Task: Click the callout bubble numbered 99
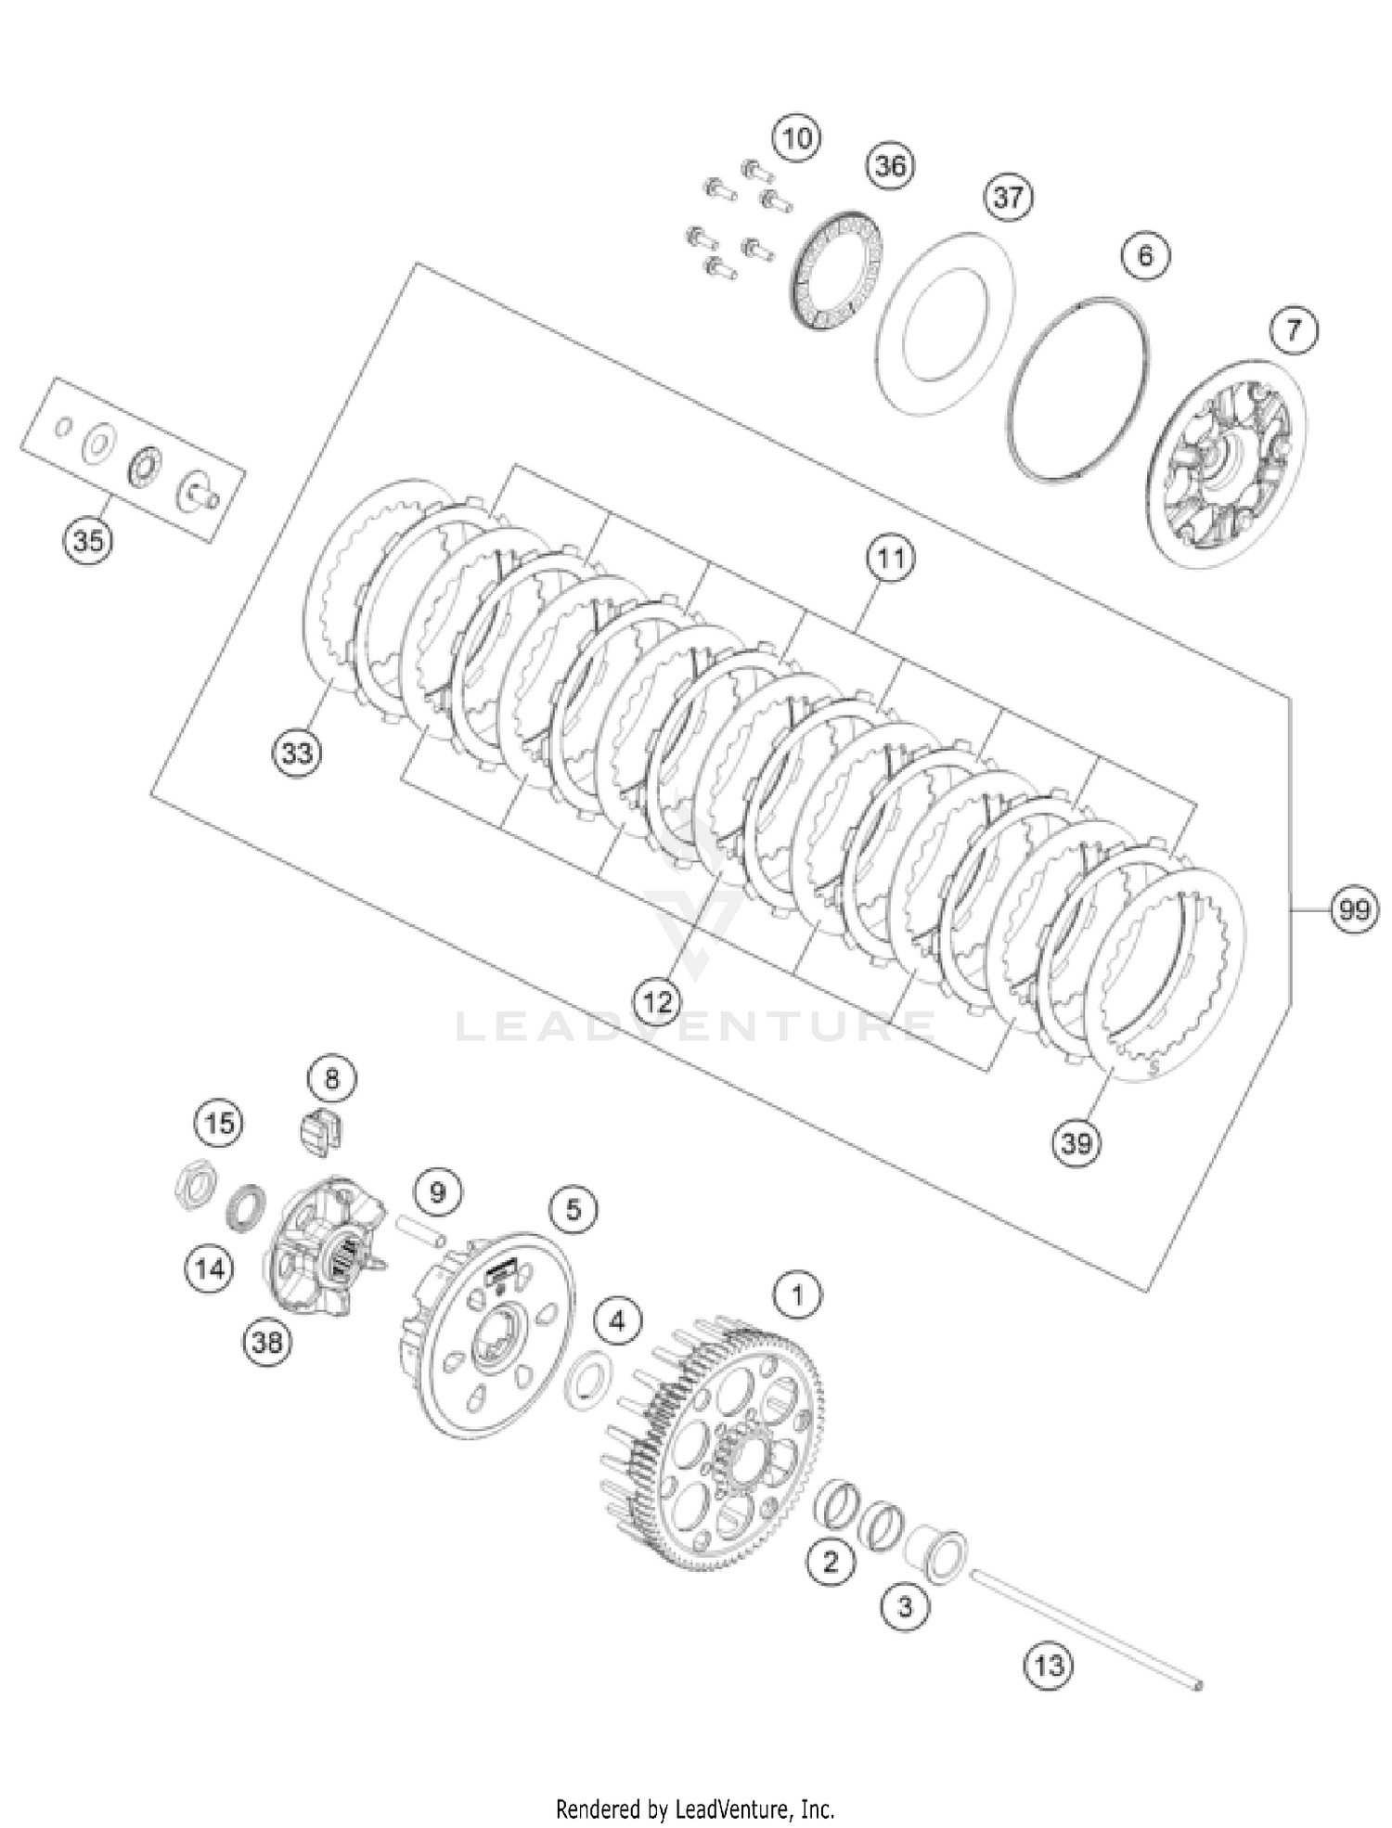click(x=1354, y=910)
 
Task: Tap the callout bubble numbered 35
click(x=88, y=539)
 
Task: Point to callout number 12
click(x=657, y=1001)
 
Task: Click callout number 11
click(x=890, y=559)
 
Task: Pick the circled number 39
click(x=1076, y=1143)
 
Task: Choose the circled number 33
click(x=297, y=753)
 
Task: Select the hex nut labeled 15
click(x=196, y=1185)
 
